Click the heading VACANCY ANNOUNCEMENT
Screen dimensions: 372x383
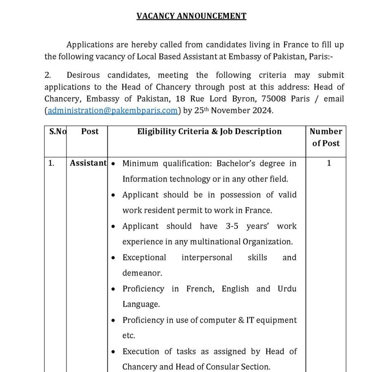pyautogui.click(x=191, y=16)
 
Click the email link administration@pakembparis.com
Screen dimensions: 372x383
pyautogui.click(x=112, y=111)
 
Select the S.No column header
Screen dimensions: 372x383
pyautogui.click(x=57, y=131)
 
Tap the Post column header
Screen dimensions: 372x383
pyautogui.click(x=90, y=131)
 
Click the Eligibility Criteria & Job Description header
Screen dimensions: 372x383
pyautogui.click(x=209, y=131)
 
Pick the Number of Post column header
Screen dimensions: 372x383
pyautogui.click(x=326, y=137)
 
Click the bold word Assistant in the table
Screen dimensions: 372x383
pyautogui.click(x=88, y=163)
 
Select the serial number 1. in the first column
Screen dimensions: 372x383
pyautogui.click(x=51, y=163)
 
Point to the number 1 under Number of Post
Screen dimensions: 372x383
pyautogui.click(x=329, y=163)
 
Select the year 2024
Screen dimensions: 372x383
pyautogui.click(x=263, y=111)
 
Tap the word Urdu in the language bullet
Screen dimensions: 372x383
pyautogui.click(x=287, y=289)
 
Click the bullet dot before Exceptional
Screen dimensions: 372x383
pyautogui.click(x=113, y=258)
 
